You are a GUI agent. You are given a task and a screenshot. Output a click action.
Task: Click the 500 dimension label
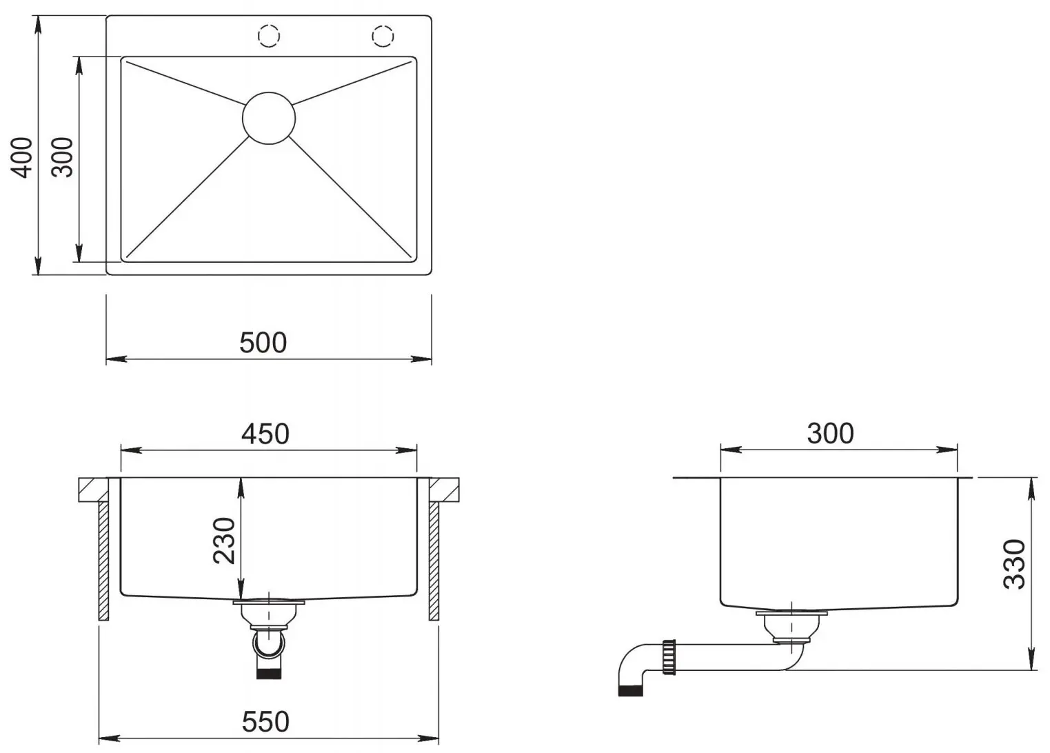click(x=263, y=343)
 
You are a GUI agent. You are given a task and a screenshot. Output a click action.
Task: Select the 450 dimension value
click(x=265, y=434)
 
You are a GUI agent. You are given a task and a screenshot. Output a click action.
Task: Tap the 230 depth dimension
click(x=225, y=540)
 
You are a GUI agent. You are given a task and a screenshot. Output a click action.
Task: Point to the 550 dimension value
click(x=265, y=722)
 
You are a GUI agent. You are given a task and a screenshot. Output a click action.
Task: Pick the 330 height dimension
click(x=1014, y=564)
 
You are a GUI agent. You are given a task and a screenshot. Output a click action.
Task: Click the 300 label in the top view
click(x=63, y=157)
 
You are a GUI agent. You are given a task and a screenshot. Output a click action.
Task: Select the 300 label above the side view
click(x=830, y=433)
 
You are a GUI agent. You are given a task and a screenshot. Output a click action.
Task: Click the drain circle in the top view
click(x=269, y=119)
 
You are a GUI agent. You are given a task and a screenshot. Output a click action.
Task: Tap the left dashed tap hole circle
click(x=268, y=35)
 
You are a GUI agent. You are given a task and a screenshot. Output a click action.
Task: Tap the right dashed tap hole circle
click(x=383, y=35)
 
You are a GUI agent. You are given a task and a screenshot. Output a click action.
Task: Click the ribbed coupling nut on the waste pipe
click(x=668, y=656)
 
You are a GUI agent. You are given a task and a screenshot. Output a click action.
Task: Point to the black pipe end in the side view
click(x=630, y=690)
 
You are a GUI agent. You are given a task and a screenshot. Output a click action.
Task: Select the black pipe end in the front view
click(x=269, y=672)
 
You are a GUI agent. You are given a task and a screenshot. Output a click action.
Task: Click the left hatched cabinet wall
click(x=103, y=560)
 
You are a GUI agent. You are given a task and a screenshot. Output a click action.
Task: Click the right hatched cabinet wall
click(x=434, y=560)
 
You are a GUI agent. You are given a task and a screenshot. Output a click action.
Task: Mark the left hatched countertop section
click(x=92, y=489)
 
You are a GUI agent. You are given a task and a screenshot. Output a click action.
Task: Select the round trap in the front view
click(x=269, y=643)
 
